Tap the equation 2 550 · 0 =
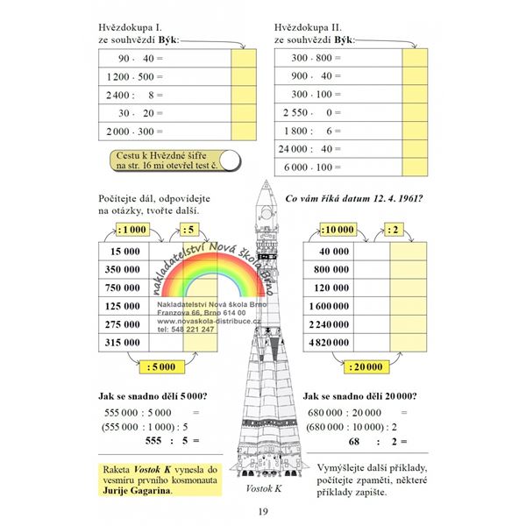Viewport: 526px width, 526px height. click(x=312, y=112)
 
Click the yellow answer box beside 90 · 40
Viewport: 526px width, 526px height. click(x=243, y=59)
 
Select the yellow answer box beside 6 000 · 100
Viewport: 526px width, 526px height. click(x=414, y=167)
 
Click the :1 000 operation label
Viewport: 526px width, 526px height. click(x=131, y=231)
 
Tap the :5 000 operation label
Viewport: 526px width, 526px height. click(x=164, y=366)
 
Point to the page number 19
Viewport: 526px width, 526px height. click(x=262, y=513)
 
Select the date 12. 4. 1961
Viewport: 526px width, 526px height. click(x=382, y=198)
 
